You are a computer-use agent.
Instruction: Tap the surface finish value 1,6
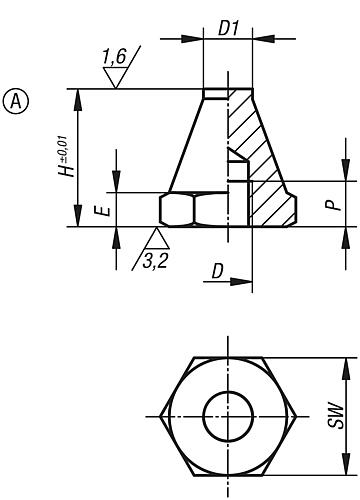[x=116, y=60]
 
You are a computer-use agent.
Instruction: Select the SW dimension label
[x=343, y=416]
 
